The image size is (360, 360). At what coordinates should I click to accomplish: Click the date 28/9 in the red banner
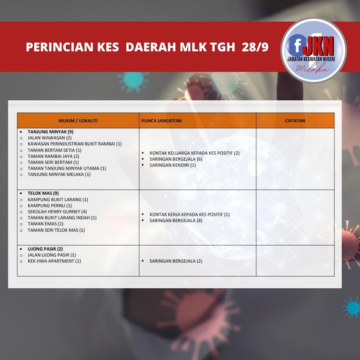click(255, 47)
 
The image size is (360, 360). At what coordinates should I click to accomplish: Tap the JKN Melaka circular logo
click(314, 50)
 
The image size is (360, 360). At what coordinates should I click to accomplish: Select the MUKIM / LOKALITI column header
click(78, 121)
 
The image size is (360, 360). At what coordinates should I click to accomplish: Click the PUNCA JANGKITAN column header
click(161, 121)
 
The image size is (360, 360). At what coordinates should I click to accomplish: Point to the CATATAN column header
click(295, 121)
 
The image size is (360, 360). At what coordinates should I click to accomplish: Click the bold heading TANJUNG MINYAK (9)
click(51, 132)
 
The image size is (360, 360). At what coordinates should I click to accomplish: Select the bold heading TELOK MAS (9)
click(43, 193)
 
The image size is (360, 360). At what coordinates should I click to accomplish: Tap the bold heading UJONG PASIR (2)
click(45, 249)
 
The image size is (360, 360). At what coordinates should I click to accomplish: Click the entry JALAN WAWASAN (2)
click(50, 138)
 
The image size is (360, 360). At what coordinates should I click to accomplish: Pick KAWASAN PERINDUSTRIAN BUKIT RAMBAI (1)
click(75, 144)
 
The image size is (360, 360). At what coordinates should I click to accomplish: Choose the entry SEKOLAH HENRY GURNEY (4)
click(57, 212)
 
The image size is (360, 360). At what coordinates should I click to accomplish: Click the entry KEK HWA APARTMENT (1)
click(54, 261)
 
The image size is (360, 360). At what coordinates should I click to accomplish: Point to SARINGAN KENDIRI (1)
click(173, 165)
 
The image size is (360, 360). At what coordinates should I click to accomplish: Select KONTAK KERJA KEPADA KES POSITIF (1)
click(189, 214)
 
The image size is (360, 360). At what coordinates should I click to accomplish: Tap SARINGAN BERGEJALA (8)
click(176, 221)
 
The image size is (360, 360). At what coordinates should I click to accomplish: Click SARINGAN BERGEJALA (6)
click(176, 159)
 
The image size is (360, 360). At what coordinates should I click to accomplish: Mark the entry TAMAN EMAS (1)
click(45, 224)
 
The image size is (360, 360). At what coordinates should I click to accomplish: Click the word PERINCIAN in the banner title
click(60, 47)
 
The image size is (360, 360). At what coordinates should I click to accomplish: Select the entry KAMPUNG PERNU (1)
click(50, 206)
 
